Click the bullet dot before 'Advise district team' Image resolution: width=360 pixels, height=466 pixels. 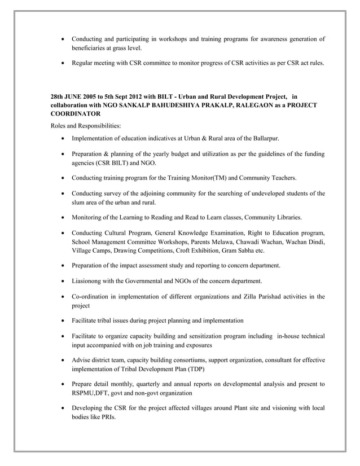[62, 360]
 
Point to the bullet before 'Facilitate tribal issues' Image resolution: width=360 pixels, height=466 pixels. [62, 320]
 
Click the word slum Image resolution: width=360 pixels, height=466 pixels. [78, 202]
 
